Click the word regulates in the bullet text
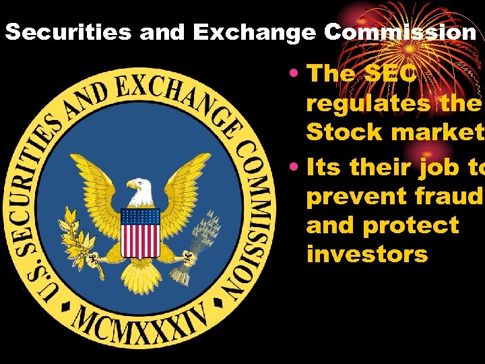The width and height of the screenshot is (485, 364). [367, 103]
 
